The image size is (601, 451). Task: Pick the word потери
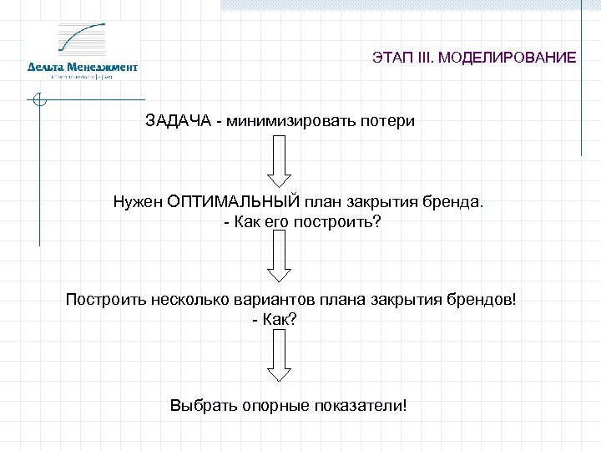coord(387,120)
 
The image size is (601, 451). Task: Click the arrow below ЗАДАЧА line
coord(278,163)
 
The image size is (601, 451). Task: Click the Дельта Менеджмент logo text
coord(82,67)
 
